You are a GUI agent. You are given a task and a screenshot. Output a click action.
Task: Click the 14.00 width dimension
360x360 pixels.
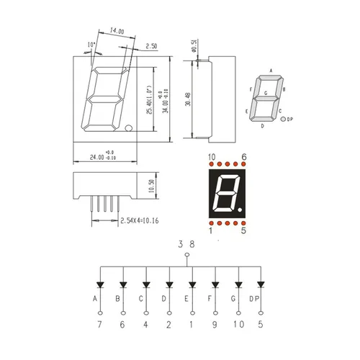117,32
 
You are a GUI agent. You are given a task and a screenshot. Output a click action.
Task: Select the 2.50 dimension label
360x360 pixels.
151,46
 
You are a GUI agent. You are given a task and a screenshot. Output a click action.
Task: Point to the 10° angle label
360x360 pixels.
90,45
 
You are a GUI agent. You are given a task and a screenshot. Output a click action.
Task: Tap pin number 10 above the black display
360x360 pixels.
212,157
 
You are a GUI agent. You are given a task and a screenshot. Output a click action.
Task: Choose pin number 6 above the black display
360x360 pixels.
244,157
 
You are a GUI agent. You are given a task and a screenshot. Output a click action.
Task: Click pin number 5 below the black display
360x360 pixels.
244,231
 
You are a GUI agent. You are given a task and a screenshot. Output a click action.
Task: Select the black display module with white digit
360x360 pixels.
228,193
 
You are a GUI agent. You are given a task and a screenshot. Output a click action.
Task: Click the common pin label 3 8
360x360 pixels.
186,245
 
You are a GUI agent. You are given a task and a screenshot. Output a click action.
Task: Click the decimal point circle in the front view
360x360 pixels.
128,130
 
